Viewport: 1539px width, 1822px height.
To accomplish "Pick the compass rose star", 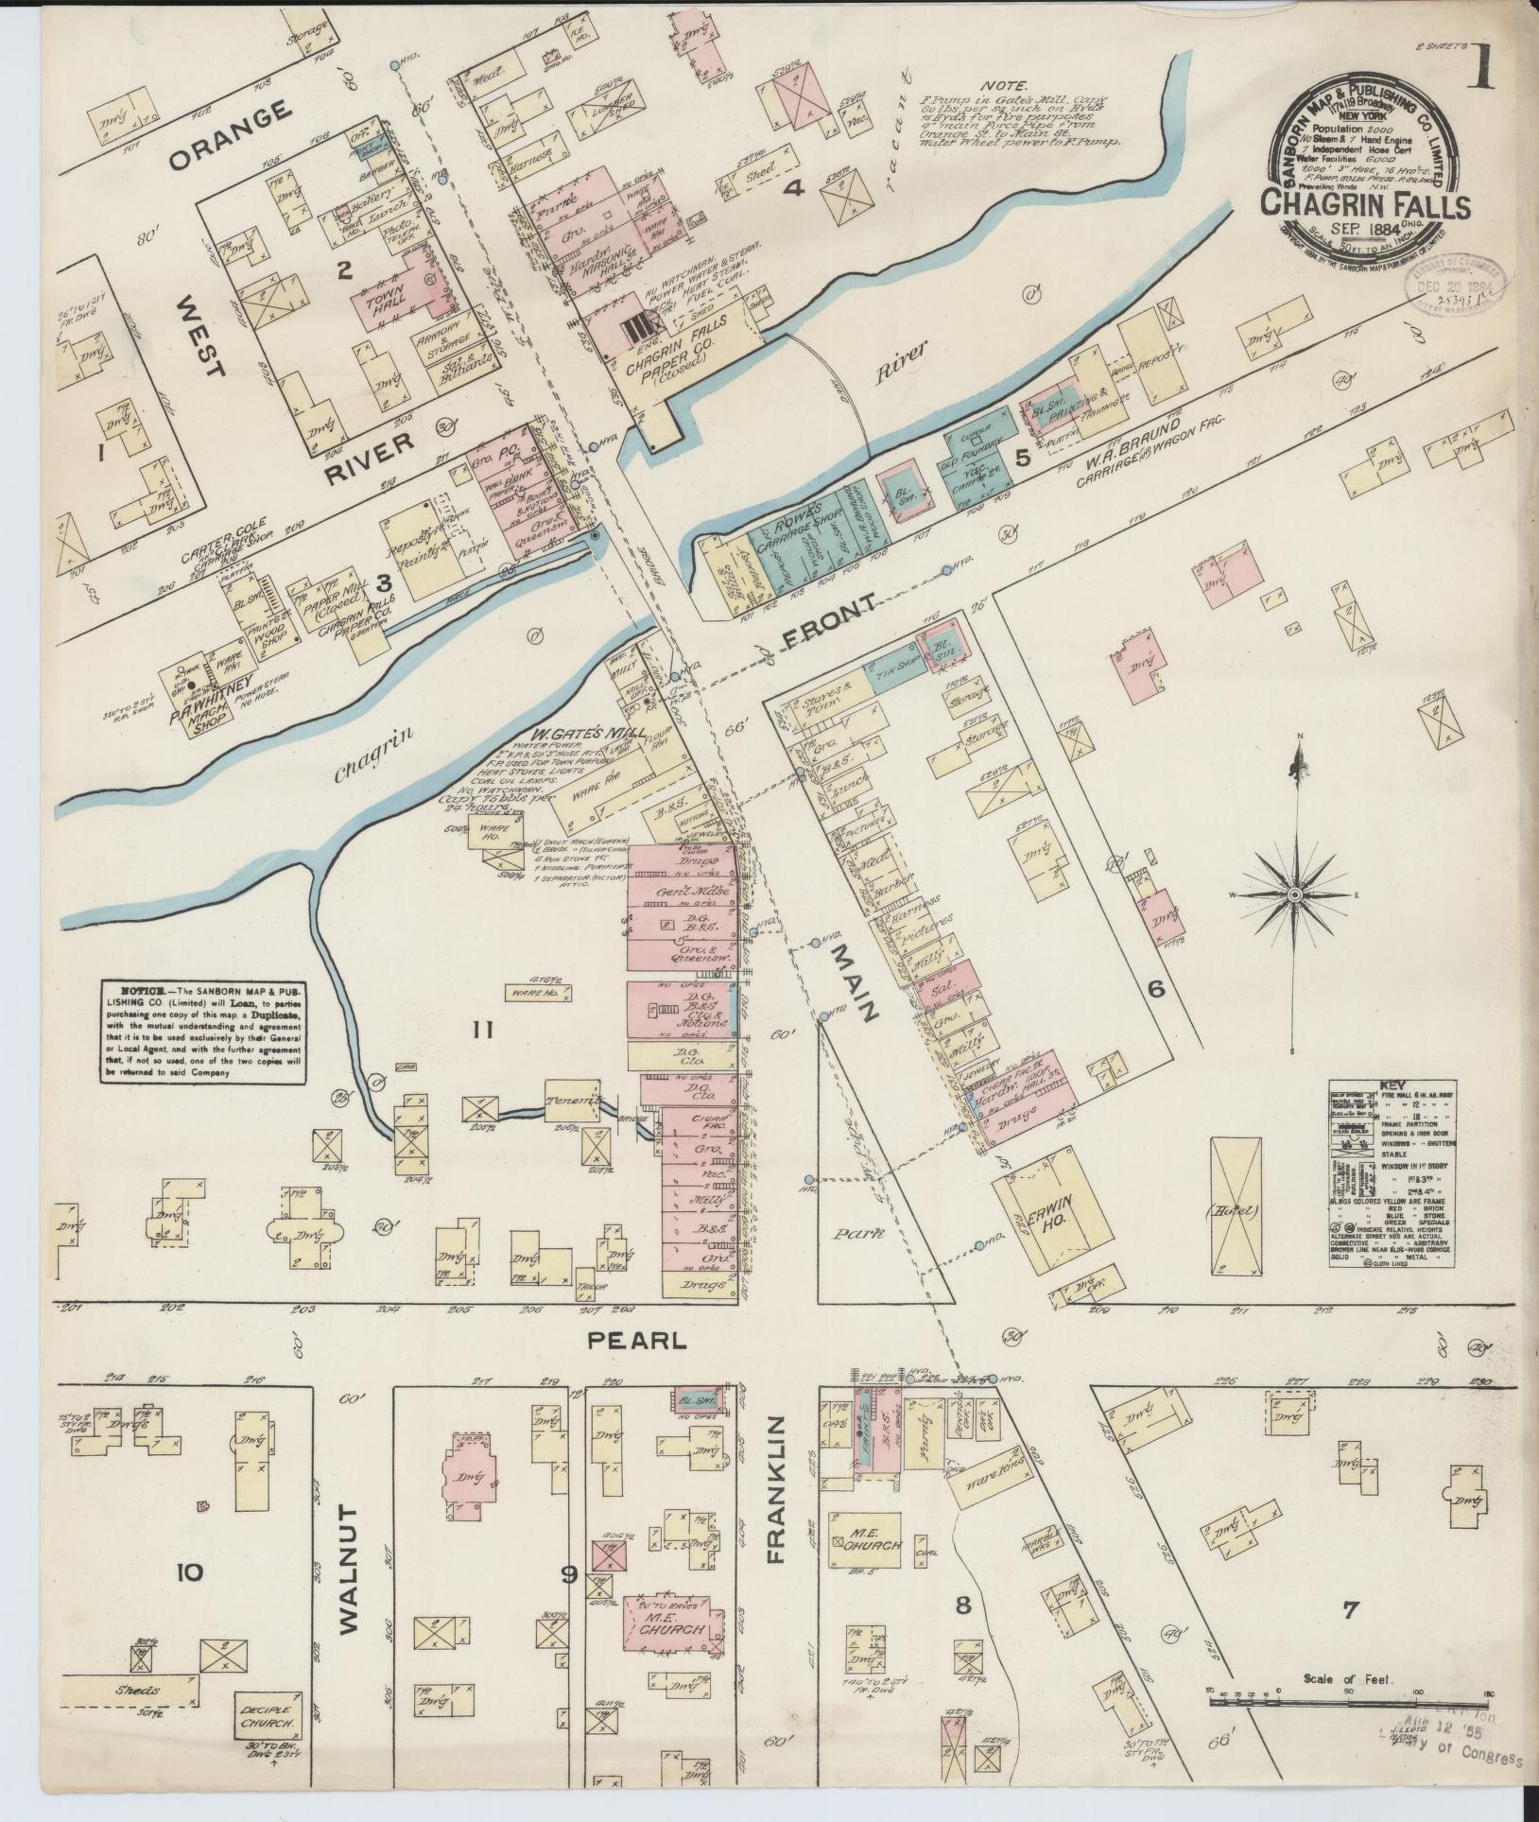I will pyautogui.click(x=1295, y=894).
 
